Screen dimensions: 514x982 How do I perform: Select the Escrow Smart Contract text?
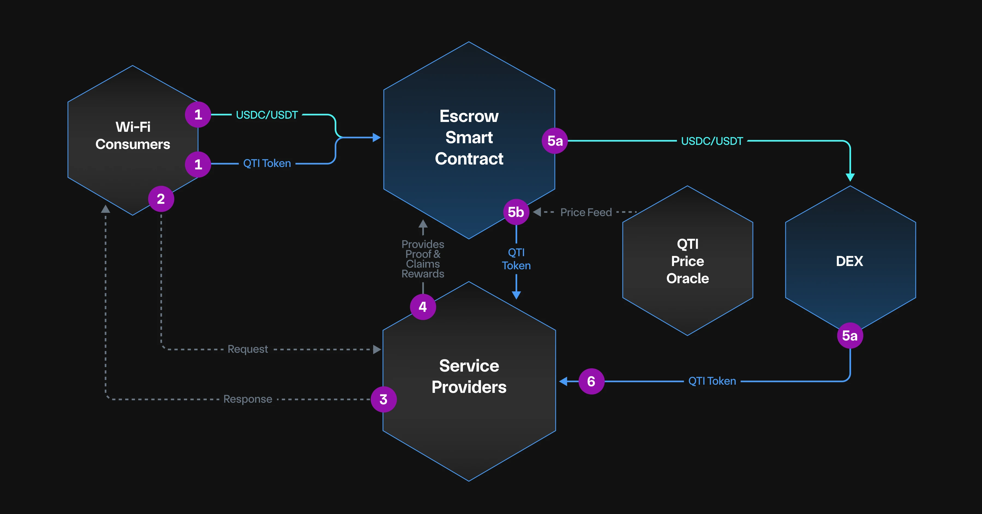(469, 137)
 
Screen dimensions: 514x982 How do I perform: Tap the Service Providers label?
(469, 376)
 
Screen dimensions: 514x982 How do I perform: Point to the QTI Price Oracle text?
(687, 261)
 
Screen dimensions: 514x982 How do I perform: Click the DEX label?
(849, 261)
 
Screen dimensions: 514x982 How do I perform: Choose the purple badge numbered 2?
(161, 199)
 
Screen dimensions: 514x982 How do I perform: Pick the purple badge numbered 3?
(384, 399)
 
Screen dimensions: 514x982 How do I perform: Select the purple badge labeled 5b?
(516, 212)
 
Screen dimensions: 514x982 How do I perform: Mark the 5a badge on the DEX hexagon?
(850, 336)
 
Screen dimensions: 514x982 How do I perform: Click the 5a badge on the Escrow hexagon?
(555, 141)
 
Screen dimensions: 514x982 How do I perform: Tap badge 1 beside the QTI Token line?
(198, 164)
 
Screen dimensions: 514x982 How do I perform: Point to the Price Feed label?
(586, 212)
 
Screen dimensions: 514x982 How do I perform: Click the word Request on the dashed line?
(248, 349)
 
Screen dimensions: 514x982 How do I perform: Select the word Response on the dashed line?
(248, 399)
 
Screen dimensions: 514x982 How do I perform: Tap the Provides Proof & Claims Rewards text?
(423, 259)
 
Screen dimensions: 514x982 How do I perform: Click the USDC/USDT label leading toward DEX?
(712, 141)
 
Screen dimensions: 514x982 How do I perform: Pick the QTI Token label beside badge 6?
(712, 381)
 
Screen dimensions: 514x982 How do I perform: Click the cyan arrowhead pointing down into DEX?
(850, 177)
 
